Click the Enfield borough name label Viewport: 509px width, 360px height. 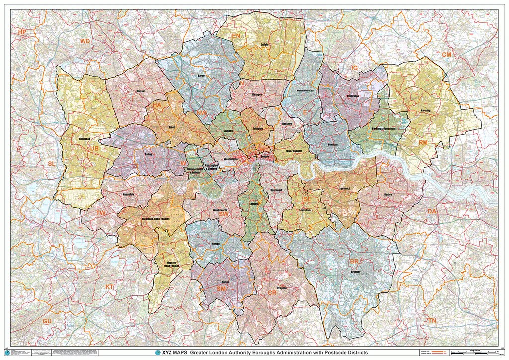click(265, 44)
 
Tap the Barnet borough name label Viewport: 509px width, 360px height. click(201, 76)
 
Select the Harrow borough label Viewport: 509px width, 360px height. click(140, 91)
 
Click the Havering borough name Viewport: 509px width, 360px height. click(425, 110)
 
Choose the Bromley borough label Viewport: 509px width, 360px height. click(356, 272)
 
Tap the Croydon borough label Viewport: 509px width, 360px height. click(282, 288)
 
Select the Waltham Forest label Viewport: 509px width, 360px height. click(306, 91)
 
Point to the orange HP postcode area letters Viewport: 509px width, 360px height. click(22, 32)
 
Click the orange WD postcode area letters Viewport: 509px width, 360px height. click(85, 41)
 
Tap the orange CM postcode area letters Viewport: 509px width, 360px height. click(447, 54)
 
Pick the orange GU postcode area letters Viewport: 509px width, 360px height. click(47, 321)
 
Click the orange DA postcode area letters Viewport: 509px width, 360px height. click(432, 211)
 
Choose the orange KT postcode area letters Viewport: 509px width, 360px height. click(110, 287)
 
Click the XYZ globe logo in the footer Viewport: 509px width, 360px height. click(158, 352)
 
